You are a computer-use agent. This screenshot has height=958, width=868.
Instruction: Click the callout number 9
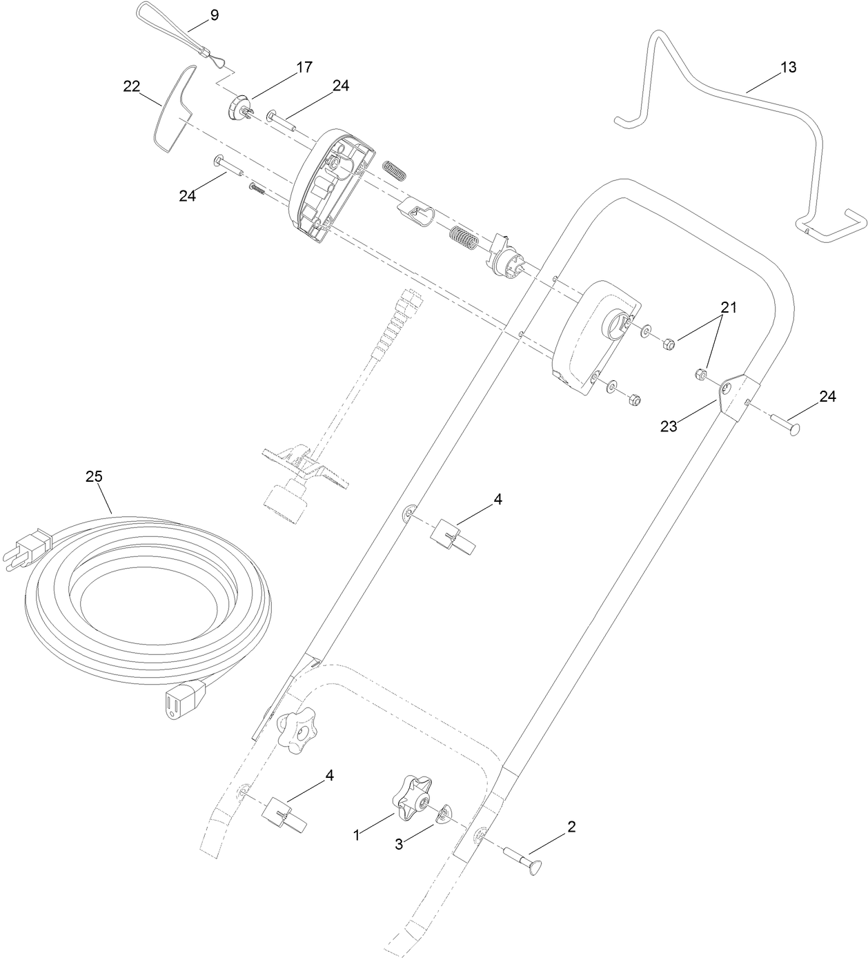click(215, 15)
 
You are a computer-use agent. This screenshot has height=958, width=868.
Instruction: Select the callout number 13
click(788, 67)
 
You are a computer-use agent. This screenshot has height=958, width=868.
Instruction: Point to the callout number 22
click(131, 86)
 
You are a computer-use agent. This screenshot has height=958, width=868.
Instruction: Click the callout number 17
click(304, 67)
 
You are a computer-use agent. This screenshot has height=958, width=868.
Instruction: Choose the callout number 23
click(669, 426)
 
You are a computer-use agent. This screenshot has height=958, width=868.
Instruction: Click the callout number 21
click(729, 308)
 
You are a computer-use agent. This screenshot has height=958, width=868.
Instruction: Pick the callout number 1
click(357, 835)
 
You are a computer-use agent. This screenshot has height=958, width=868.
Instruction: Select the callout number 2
click(571, 826)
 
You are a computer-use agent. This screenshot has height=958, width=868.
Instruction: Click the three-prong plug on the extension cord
click(28, 548)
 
